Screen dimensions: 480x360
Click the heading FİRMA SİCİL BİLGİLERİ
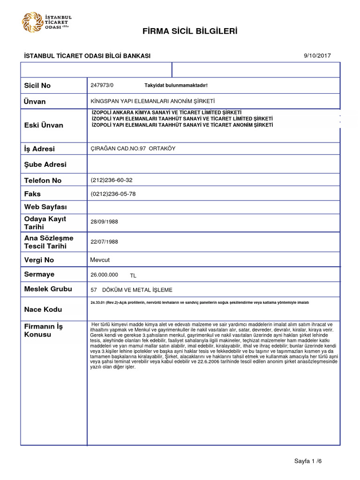tap(190, 31)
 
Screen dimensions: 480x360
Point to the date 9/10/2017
tap(317, 55)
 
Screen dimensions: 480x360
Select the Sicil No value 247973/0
tap(102, 85)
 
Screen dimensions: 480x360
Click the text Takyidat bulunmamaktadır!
tap(175, 85)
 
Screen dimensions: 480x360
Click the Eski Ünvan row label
tap(43, 125)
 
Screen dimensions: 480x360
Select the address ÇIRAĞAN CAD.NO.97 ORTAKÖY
tap(133, 149)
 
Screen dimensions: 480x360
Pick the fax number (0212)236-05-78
tap(113, 194)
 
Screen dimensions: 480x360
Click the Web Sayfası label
tap(45, 207)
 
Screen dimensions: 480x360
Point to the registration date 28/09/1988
tap(104, 222)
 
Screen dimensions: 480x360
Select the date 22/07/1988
tap(104, 241)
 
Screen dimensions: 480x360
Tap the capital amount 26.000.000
tap(104, 275)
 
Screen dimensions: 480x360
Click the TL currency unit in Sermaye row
tap(133, 276)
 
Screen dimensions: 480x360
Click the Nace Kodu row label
tap(43, 309)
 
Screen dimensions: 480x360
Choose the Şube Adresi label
tap(45, 165)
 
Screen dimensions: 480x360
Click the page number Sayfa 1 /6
tap(308, 461)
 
